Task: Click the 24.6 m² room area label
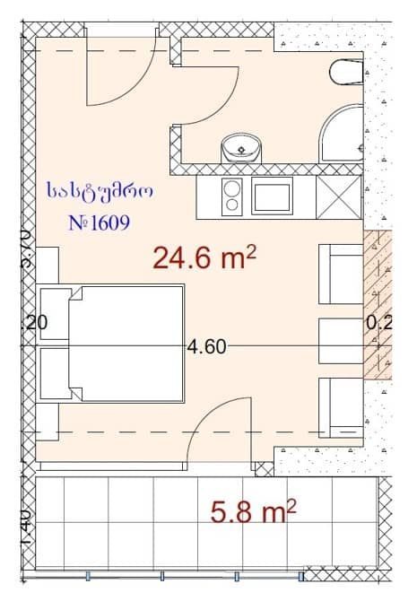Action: click(205, 259)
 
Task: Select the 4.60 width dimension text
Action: click(206, 347)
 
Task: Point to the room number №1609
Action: click(99, 222)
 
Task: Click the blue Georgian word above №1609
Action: click(100, 191)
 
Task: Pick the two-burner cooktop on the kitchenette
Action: click(231, 196)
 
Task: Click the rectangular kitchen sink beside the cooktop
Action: click(272, 196)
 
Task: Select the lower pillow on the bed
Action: click(56, 373)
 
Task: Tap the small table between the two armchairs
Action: click(342, 338)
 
